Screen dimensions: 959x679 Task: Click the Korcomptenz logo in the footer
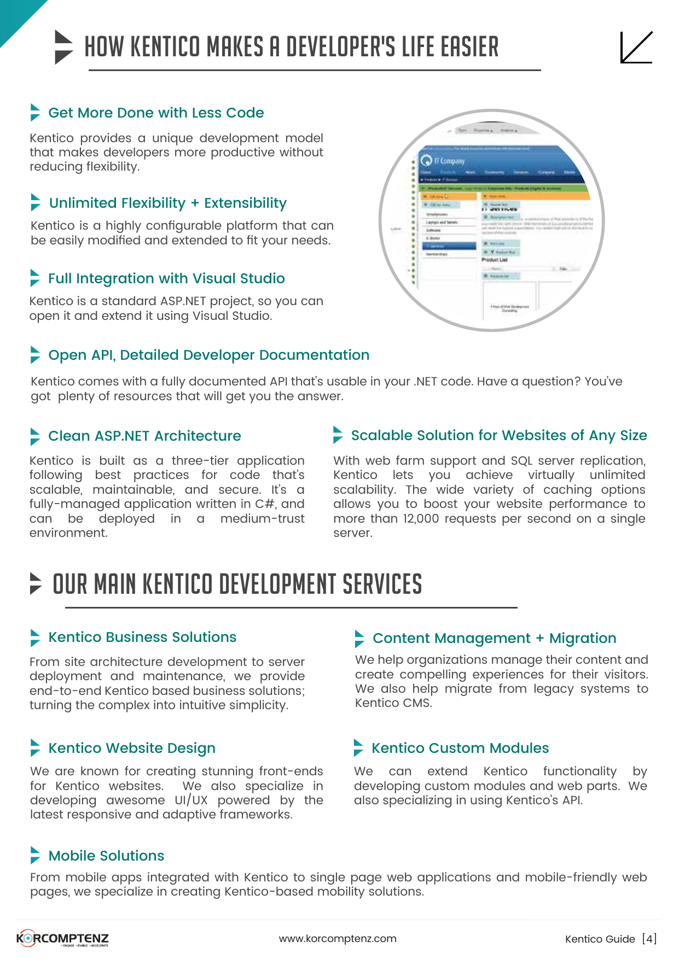(x=63, y=938)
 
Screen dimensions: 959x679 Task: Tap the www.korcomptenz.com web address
(x=338, y=938)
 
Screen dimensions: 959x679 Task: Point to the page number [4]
(x=649, y=939)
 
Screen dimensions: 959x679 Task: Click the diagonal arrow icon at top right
(x=636, y=48)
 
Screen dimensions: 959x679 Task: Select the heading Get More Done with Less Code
(x=156, y=113)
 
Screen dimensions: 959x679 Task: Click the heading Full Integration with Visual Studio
(x=166, y=278)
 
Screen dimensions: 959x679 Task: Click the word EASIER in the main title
(x=470, y=47)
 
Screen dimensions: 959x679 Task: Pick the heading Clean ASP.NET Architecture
(x=144, y=436)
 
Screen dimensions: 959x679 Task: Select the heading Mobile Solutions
(x=106, y=856)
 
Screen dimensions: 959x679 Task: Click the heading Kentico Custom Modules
(x=460, y=748)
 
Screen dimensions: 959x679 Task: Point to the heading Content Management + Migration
(x=494, y=638)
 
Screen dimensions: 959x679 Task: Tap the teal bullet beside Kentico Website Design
(x=36, y=747)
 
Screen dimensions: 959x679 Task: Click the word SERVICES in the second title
(x=382, y=584)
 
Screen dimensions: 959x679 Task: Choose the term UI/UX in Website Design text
(x=191, y=800)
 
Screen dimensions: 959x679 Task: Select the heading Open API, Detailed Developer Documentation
(x=208, y=355)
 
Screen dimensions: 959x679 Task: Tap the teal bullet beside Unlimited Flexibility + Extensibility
(x=36, y=202)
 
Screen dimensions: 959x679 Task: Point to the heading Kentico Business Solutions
(x=142, y=637)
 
